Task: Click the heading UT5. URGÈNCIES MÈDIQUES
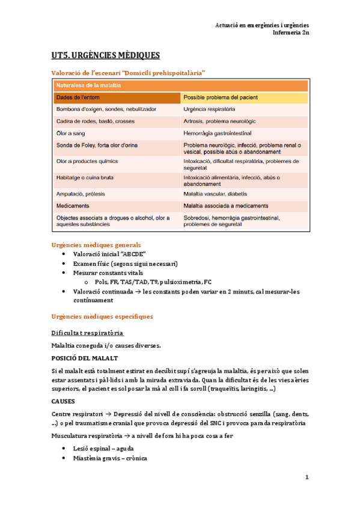105,56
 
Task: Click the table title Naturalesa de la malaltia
87,85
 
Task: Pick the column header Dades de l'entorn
79,97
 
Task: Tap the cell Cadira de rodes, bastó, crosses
95,121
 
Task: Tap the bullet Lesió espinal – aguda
103,449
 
